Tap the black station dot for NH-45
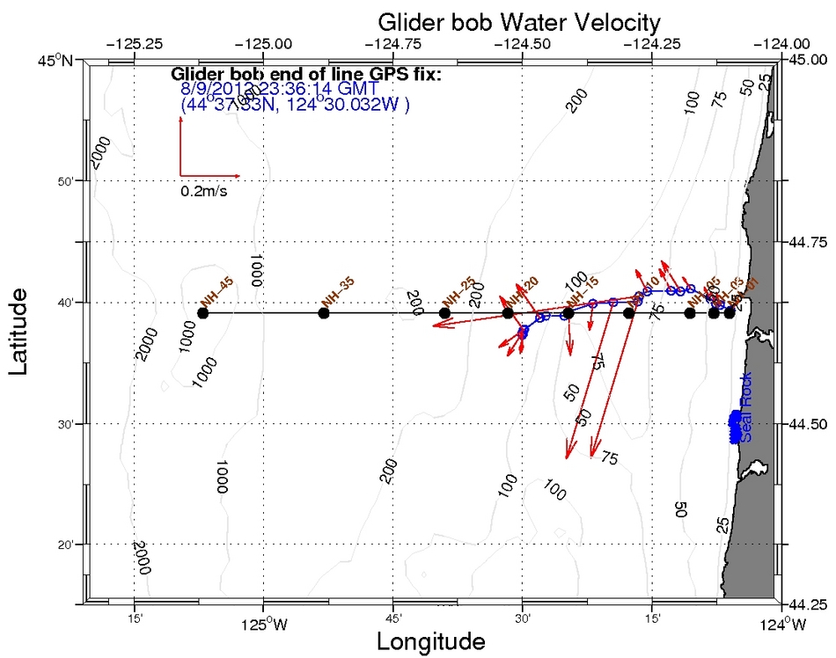(203, 313)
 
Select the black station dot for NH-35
(324, 313)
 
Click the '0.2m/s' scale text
(204, 190)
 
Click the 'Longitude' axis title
(431, 641)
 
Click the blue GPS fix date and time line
(279, 89)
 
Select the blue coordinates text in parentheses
(295, 104)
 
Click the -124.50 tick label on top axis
(523, 42)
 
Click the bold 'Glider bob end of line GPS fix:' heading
(305, 74)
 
